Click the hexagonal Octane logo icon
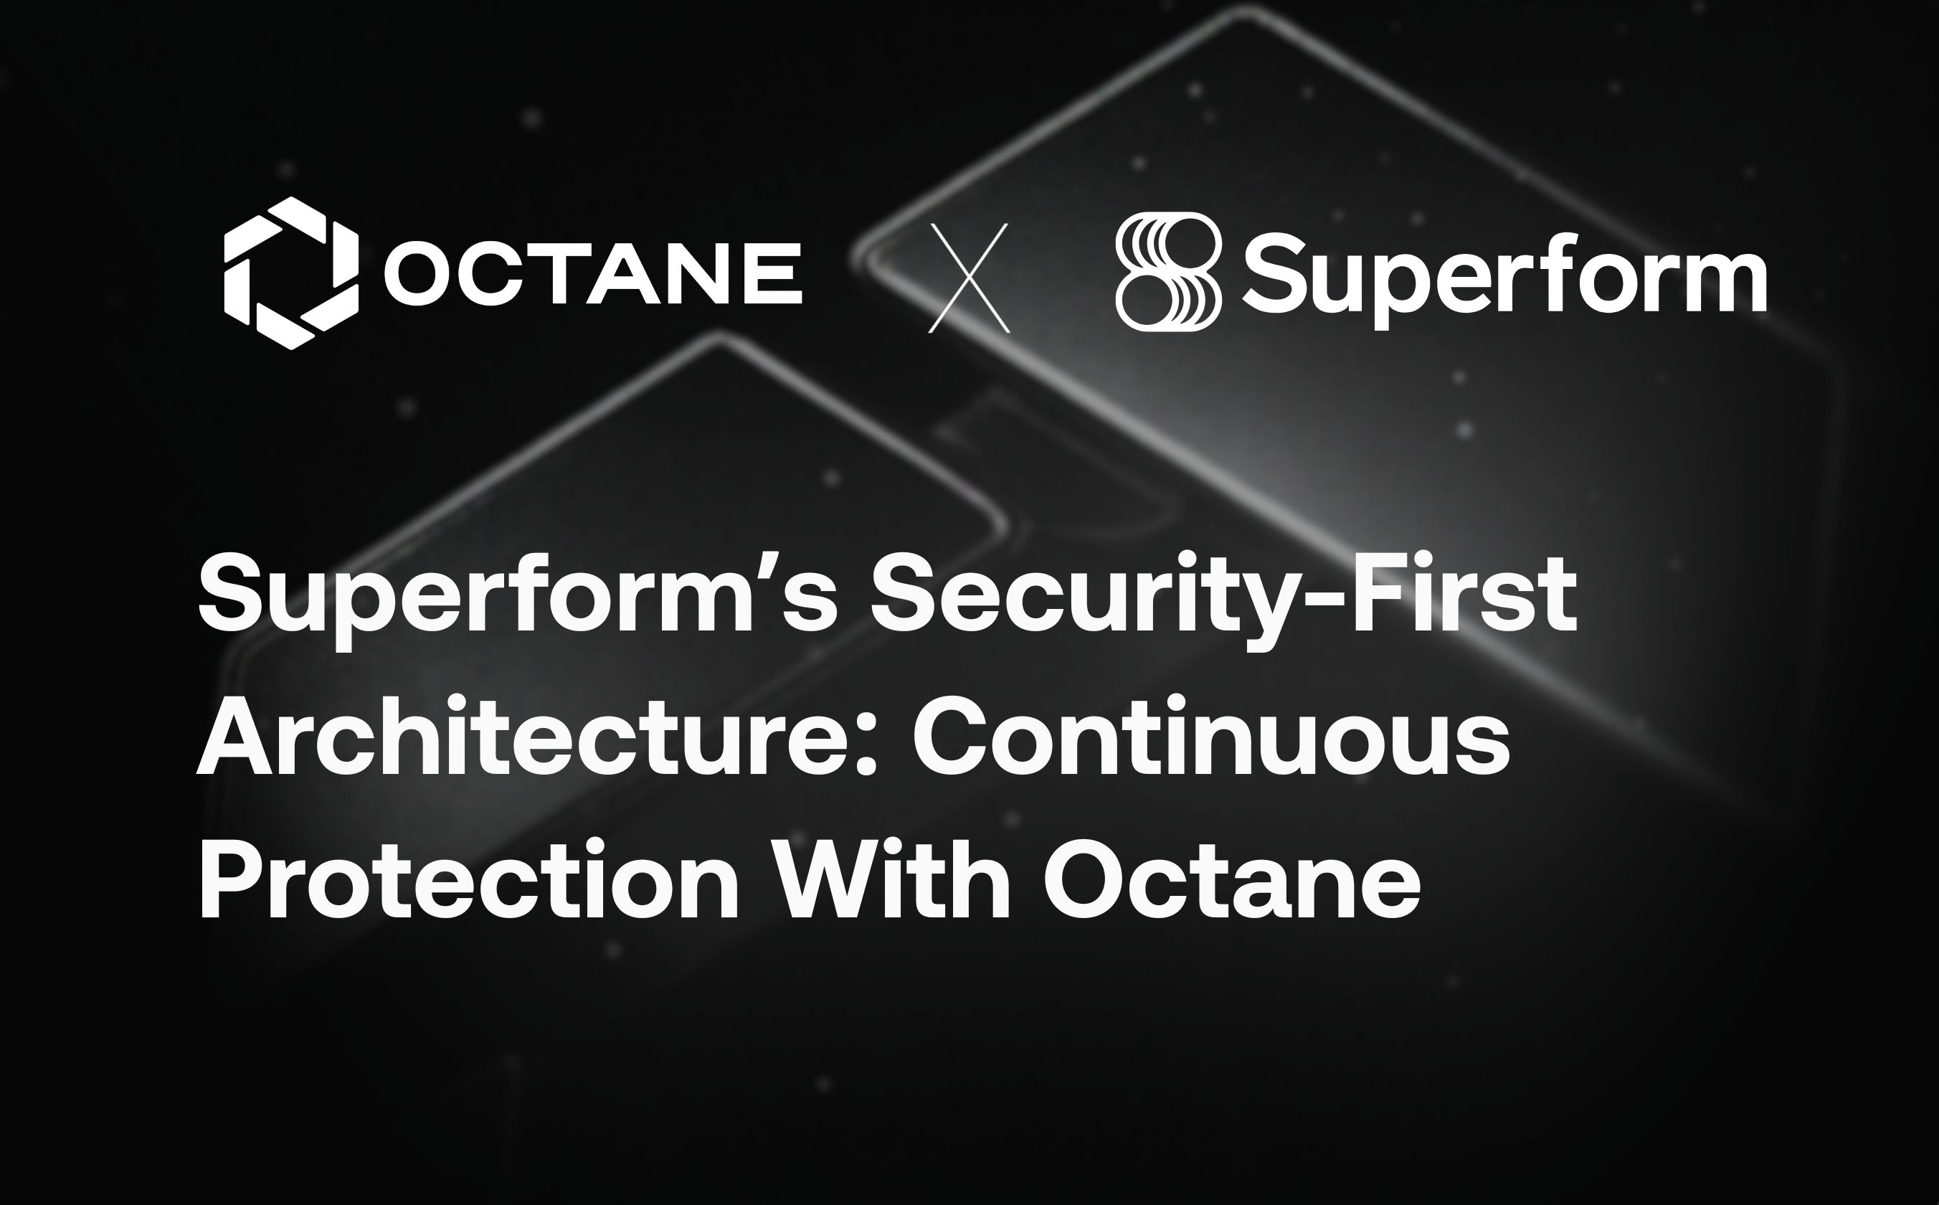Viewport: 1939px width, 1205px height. tap(290, 273)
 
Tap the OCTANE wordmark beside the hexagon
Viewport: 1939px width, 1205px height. tap(594, 273)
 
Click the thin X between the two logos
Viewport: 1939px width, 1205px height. tap(969, 278)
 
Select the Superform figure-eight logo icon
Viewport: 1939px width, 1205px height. tap(1168, 271)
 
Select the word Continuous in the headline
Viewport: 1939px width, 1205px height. tap(1211, 737)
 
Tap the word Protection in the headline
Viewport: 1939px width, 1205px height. tap(470, 881)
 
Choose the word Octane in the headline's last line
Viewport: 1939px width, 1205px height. tap(1231, 881)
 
